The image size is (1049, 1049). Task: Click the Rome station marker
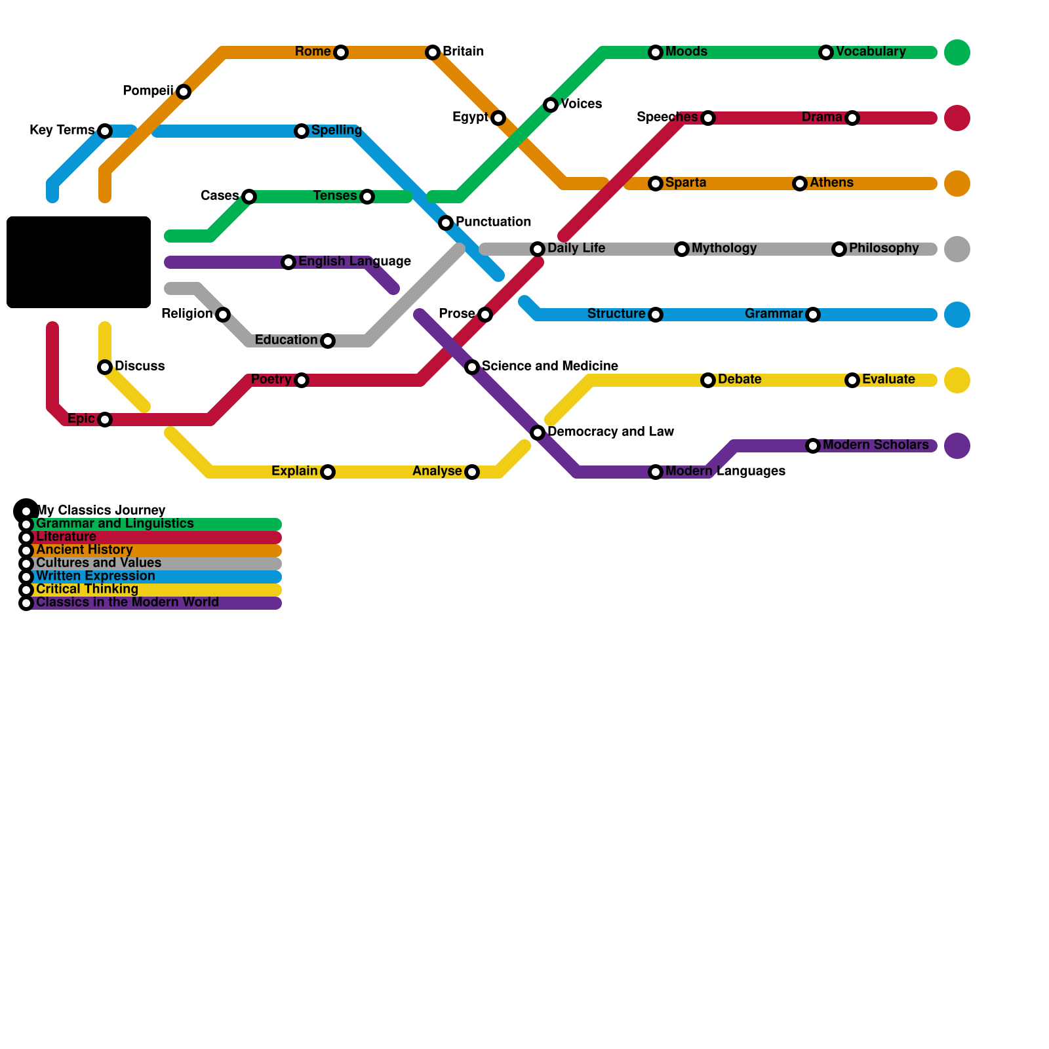point(340,52)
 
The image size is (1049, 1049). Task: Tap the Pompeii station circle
point(184,92)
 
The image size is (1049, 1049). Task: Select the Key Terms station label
point(62,130)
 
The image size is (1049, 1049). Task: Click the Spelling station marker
point(301,131)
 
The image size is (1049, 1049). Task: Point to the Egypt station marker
point(498,118)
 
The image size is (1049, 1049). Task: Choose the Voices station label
point(581,104)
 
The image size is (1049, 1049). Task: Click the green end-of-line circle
point(957,52)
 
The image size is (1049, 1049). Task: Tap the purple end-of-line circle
point(957,446)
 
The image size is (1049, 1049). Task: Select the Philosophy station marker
point(839,249)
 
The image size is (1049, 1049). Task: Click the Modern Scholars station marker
point(812,446)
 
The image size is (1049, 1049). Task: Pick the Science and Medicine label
point(549,366)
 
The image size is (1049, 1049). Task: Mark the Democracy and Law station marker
point(538,433)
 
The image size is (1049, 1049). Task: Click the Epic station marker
point(105,420)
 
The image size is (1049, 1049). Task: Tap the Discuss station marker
point(105,367)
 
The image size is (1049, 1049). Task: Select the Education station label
point(286,340)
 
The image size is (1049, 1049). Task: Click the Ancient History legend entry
point(85,550)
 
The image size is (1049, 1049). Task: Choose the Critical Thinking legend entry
point(87,589)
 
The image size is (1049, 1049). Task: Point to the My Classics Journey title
point(101,510)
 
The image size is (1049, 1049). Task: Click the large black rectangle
point(79,262)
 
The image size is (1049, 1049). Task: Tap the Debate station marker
point(707,380)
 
